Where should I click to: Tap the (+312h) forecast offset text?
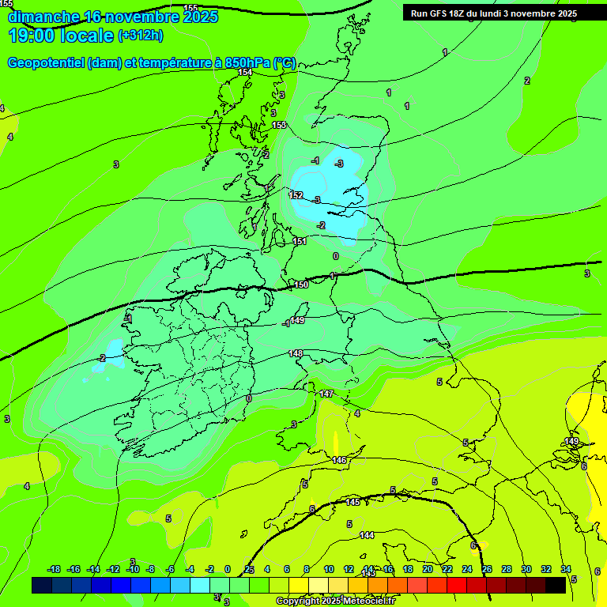[141, 36]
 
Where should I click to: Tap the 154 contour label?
[245, 72]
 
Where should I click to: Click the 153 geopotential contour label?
[279, 126]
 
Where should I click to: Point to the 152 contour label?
[296, 195]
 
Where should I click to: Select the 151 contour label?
[300, 241]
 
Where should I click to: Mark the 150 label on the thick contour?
[301, 285]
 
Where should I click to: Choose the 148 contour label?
[296, 353]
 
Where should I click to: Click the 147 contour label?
[326, 394]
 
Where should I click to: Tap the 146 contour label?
[339, 460]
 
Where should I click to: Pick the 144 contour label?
[367, 535]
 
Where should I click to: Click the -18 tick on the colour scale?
[55, 569]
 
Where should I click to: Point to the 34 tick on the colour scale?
[566, 569]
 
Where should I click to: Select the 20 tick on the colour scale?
[428, 569]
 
